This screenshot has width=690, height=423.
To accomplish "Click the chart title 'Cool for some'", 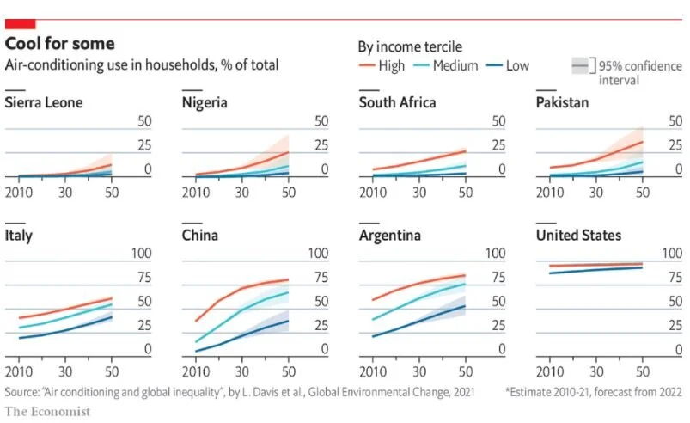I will click(x=60, y=43).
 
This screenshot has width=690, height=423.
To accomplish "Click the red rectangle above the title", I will click(x=20, y=23).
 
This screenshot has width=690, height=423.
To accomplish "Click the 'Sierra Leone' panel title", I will click(x=44, y=102).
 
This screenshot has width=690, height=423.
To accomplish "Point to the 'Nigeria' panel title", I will click(x=205, y=102).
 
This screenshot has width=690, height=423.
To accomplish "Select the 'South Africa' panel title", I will click(x=397, y=102).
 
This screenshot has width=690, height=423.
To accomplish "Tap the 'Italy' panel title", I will click(x=19, y=235).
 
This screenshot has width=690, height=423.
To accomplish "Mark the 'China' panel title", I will click(x=200, y=235).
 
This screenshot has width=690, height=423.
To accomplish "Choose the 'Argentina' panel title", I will click(x=388, y=235).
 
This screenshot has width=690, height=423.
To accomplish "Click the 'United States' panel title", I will click(x=578, y=235).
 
